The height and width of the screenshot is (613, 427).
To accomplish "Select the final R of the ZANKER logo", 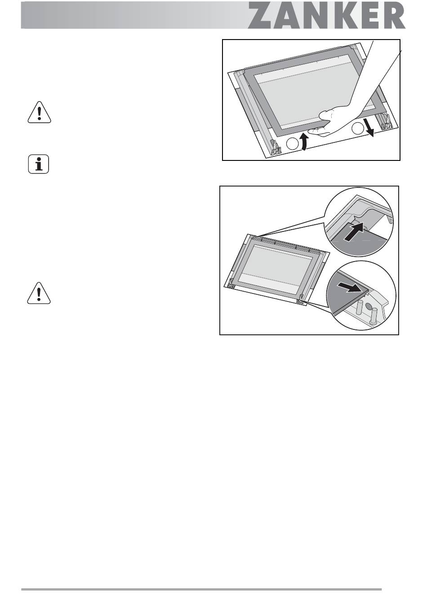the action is click(x=391, y=15).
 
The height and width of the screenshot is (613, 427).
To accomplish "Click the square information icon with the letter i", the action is click(x=39, y=164).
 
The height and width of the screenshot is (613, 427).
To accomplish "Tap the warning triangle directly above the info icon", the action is click(x=40, y=112).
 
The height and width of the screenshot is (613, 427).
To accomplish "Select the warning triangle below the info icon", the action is click(x=39, y=293).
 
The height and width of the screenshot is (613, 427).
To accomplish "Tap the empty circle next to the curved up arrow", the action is click(x=292, y=144).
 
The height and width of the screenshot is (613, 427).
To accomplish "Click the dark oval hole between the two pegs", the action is click(x=369, y=306).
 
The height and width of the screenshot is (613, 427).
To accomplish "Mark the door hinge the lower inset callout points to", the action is click(x=301, y=299).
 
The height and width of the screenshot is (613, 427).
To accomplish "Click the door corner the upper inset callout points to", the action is click(x=252, y=237).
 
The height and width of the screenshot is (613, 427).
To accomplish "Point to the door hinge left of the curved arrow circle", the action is click(x=276, y=148).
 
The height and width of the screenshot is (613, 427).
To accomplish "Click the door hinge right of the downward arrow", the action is click(x=386, y=121).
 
